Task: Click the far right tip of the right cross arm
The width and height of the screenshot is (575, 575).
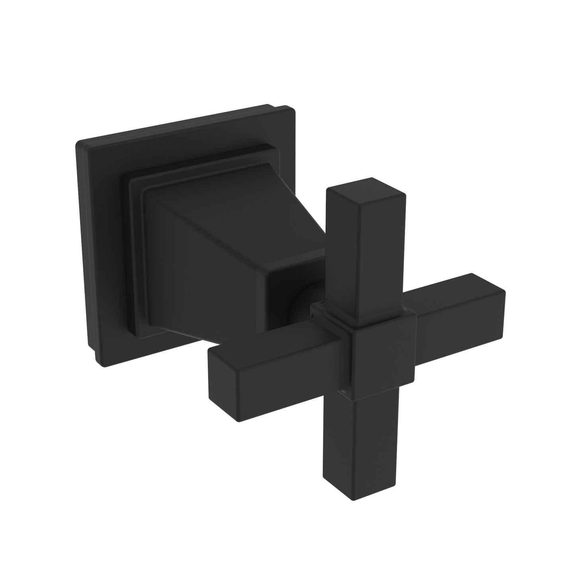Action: [503, 302]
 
